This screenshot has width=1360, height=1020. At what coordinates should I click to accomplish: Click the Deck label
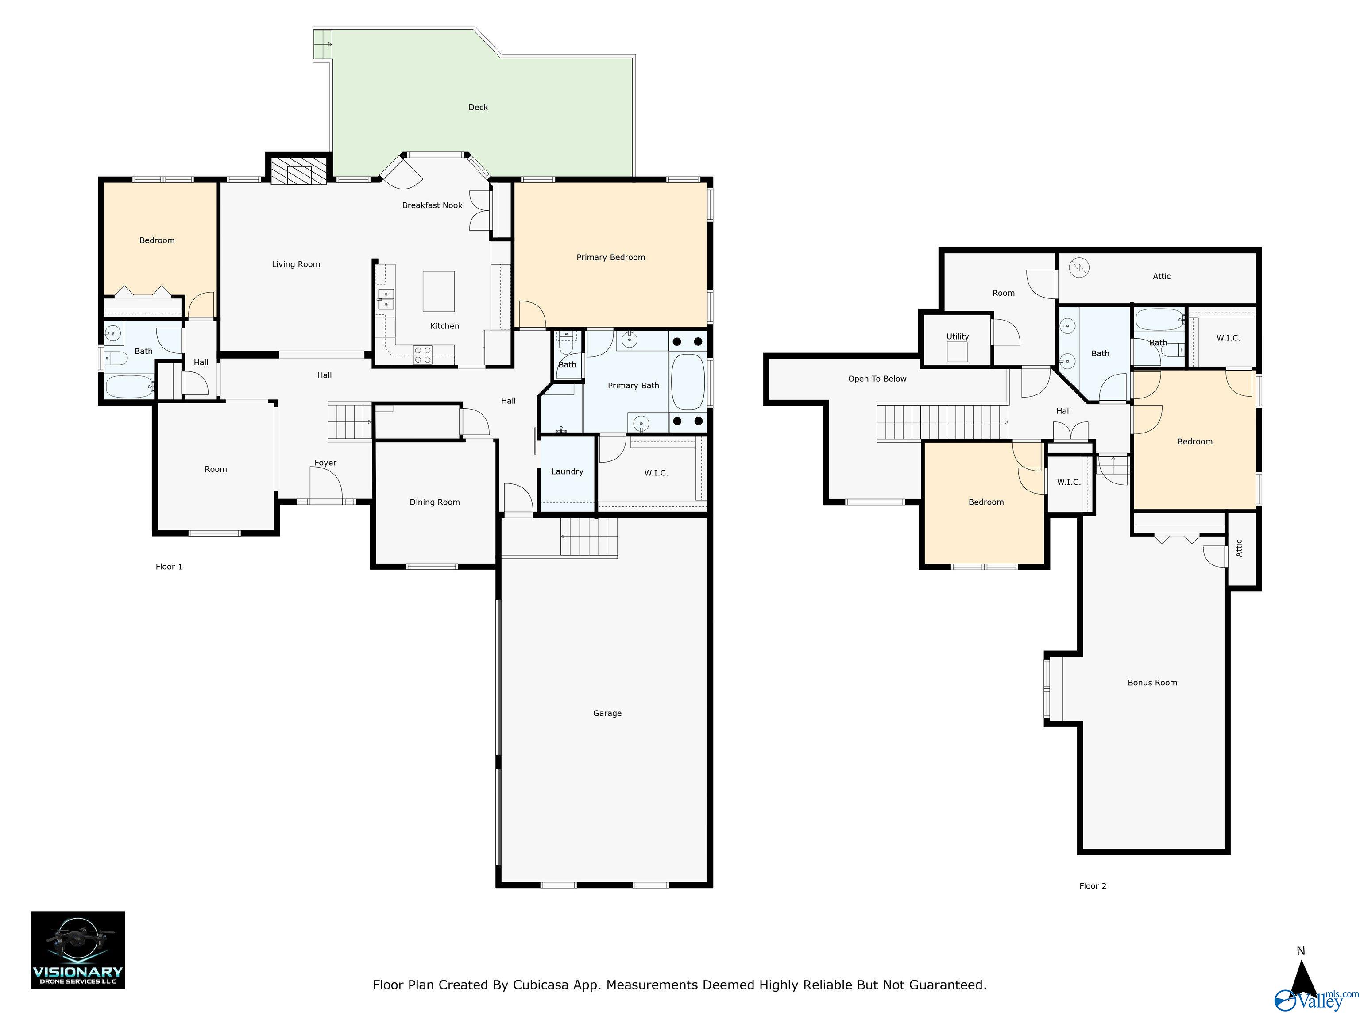[x=478, y=108]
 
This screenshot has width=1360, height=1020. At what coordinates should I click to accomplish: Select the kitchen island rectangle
[x=438, y=291]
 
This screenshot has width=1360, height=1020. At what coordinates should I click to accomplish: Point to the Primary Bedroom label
[x=610, y=258]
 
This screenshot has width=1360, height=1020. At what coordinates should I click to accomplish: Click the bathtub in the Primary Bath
[x=688, y=382]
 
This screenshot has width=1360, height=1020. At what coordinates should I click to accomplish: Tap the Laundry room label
[x=567, y=471]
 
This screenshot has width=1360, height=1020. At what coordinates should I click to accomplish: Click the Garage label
[x=607, y=713]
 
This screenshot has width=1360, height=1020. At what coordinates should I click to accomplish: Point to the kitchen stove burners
[x=422, y=355]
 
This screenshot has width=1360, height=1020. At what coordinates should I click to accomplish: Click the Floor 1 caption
[x=169, y=567]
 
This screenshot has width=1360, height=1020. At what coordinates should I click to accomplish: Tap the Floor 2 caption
[x=1093, y=886]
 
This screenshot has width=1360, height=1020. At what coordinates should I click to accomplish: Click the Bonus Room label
[x=1152, y=683]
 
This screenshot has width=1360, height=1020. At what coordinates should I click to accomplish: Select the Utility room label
[x=957, y=336]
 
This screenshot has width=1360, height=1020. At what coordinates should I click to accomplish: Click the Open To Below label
[x=877, y=379]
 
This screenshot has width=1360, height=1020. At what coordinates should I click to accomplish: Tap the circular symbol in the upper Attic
[x=1079, y=267]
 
